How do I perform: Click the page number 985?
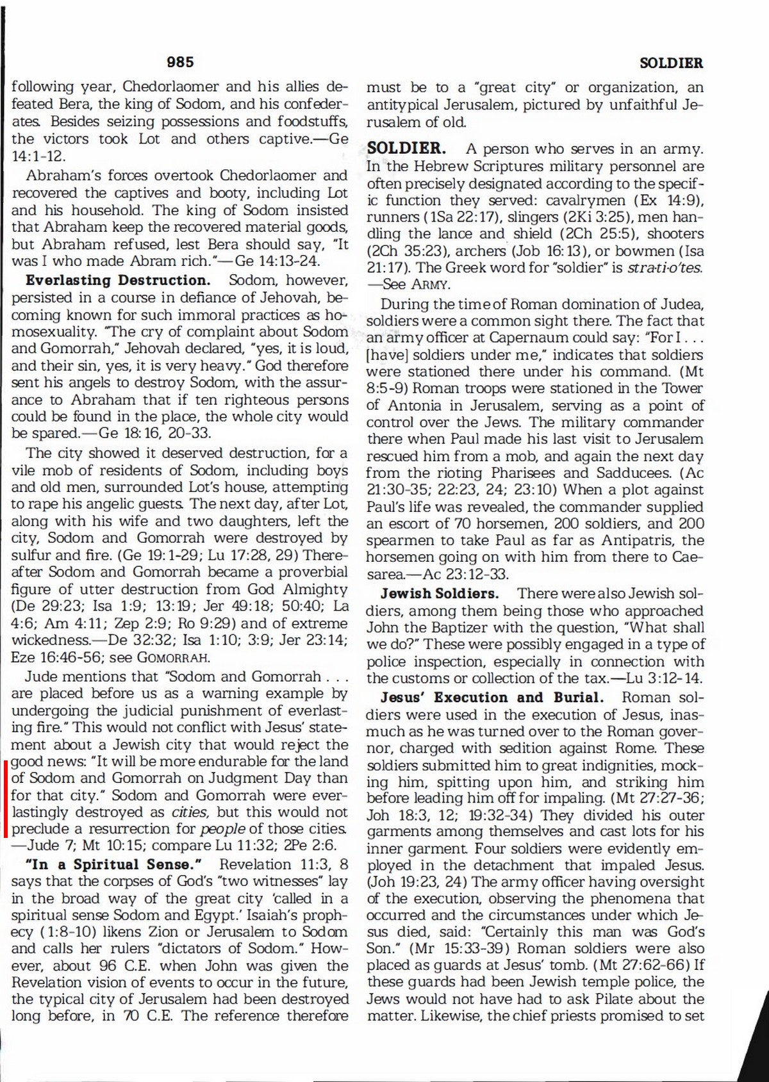click(180, 62)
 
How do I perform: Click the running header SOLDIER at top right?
click(671, 63)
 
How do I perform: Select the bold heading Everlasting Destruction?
click(118, 280)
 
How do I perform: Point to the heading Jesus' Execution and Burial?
click(492, 697)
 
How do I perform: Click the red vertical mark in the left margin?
click(6, 798)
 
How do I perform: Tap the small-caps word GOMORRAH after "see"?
click(174, 657)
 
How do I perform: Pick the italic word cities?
click(190, 812)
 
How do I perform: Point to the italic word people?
click(223, 829)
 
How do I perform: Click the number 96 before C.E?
click(107, 965)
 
